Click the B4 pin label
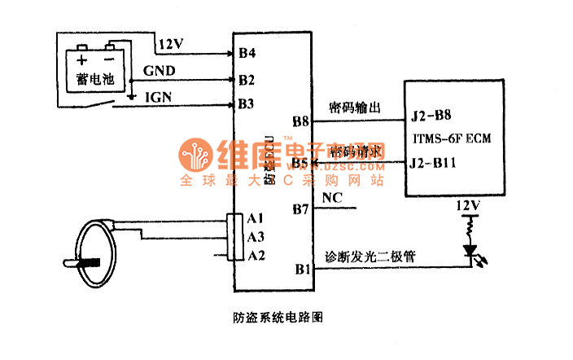247,54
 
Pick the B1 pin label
302,268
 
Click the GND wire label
159,71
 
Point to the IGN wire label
157,97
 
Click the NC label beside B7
332,197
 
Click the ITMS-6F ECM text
452,138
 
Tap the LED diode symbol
470,251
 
